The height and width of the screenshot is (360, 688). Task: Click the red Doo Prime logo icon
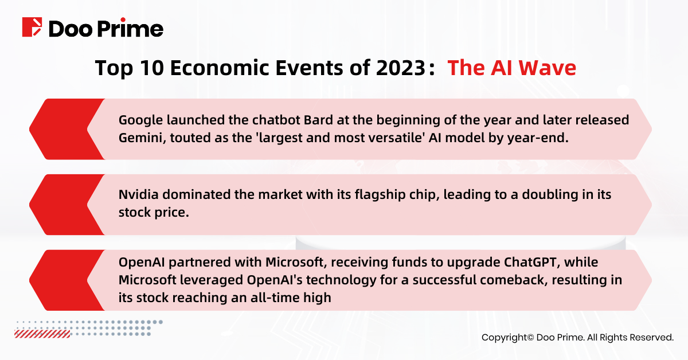coord(32,27)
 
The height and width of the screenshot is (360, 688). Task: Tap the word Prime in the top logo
coord(131,28)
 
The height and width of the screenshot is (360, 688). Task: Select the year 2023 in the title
coord(401,68)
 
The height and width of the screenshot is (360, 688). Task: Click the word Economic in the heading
coord(220,68)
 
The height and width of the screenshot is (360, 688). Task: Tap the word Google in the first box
coord(140,120)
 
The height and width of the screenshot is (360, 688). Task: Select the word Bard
coord(318,120)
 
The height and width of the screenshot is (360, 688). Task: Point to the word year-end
coord(538,138)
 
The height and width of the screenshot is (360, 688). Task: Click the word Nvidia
coord(138,195)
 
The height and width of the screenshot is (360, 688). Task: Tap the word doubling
coord(545,195)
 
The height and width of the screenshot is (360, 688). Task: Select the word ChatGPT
coord(530,263)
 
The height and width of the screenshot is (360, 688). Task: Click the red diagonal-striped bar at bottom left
coord(42,334)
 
